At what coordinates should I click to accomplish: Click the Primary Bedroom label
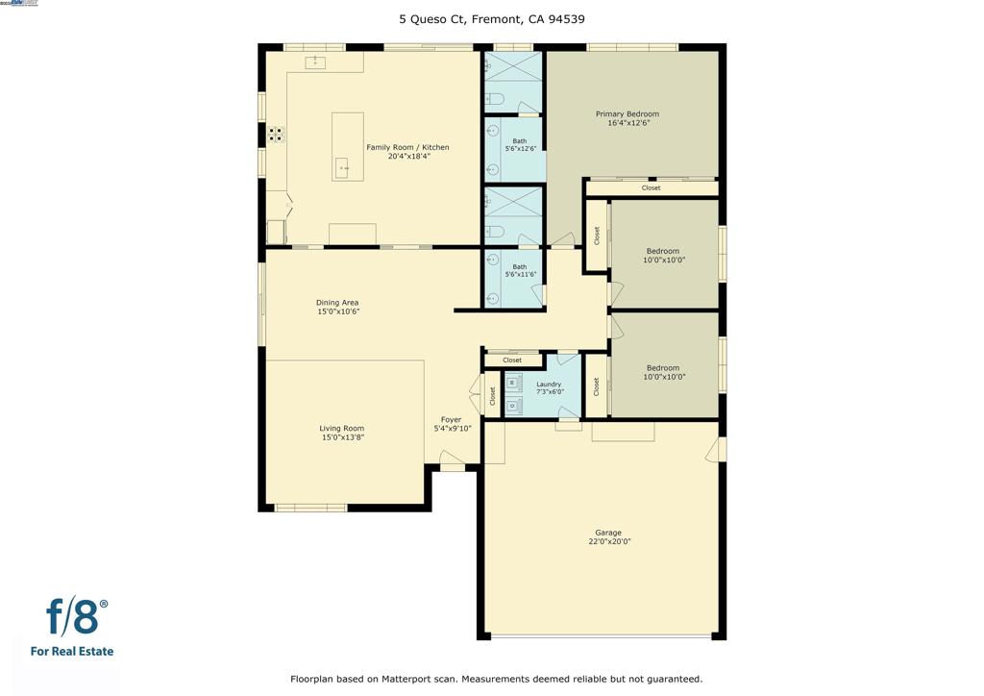tap(632, 114)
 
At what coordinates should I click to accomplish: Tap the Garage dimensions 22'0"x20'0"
tap(608, 542)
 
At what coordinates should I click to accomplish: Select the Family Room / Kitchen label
tap(407, 147)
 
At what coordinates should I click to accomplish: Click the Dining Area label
tap(337, 303)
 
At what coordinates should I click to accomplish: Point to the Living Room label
tap(342, 429)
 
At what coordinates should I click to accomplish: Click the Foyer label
tap(451, 420)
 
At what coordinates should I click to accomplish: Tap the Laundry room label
tap(548, 385)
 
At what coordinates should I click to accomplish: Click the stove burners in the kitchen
tap(276, 135)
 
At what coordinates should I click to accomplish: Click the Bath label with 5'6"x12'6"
tap(520, 141)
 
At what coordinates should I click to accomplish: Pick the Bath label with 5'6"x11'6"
tap(520, 267)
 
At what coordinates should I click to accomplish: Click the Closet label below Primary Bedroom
tap(652, 188)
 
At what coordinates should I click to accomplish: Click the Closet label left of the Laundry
tap(492, 395)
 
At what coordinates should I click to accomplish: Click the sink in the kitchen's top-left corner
tap(316, 62)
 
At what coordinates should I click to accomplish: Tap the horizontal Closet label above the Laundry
tap(512, 360)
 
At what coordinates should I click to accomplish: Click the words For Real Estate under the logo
tap(72, 652)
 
